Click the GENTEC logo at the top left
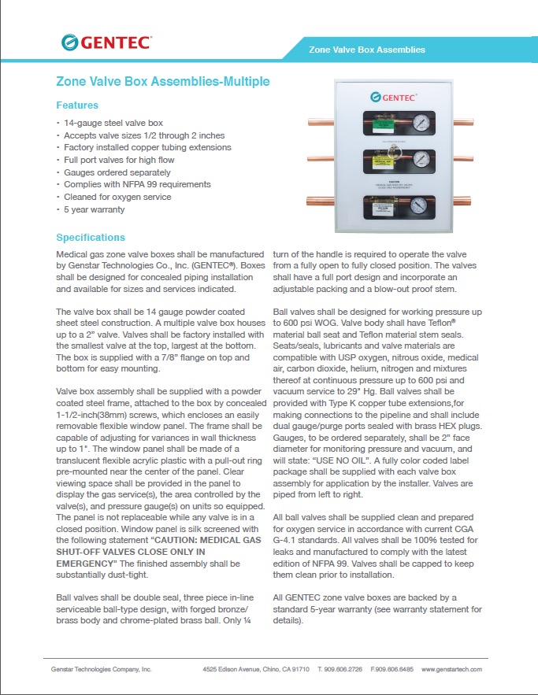click(x=106, y=43)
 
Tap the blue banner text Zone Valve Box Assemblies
click(x=368, y=50)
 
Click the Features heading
click(x=77, y=105)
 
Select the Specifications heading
click(x=91, y=238)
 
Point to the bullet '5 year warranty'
click(x=94, y=209)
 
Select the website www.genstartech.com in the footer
click(x=451, y=669)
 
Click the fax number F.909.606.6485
click(x=391, y=669)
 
